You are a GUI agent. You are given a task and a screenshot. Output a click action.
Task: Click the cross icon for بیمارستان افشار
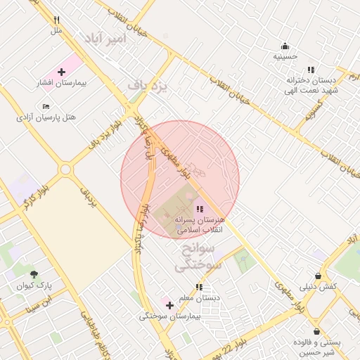[61, 72]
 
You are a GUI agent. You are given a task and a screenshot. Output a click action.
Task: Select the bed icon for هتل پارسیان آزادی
[46, 106]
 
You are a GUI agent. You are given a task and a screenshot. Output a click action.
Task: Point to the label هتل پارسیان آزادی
[46, 117]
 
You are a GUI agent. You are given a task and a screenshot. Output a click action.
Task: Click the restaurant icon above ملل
[56, 20]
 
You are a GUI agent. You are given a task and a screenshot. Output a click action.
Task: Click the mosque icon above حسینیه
[285, 46]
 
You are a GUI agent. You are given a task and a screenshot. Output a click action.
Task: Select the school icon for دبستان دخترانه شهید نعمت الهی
[311, 70]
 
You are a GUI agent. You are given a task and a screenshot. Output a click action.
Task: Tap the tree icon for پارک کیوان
[34, 275]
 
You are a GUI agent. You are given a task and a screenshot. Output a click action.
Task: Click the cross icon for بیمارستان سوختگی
[169, 305]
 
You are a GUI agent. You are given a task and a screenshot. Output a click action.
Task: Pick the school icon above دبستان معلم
[200, 287]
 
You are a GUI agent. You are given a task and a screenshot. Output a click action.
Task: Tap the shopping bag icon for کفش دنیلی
[319, 276]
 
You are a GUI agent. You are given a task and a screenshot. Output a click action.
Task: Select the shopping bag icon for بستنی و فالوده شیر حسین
[317, 331]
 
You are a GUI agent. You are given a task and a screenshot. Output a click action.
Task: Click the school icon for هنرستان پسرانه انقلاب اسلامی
[200, 209]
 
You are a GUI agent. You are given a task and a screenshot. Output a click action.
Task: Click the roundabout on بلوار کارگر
[65, 169]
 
